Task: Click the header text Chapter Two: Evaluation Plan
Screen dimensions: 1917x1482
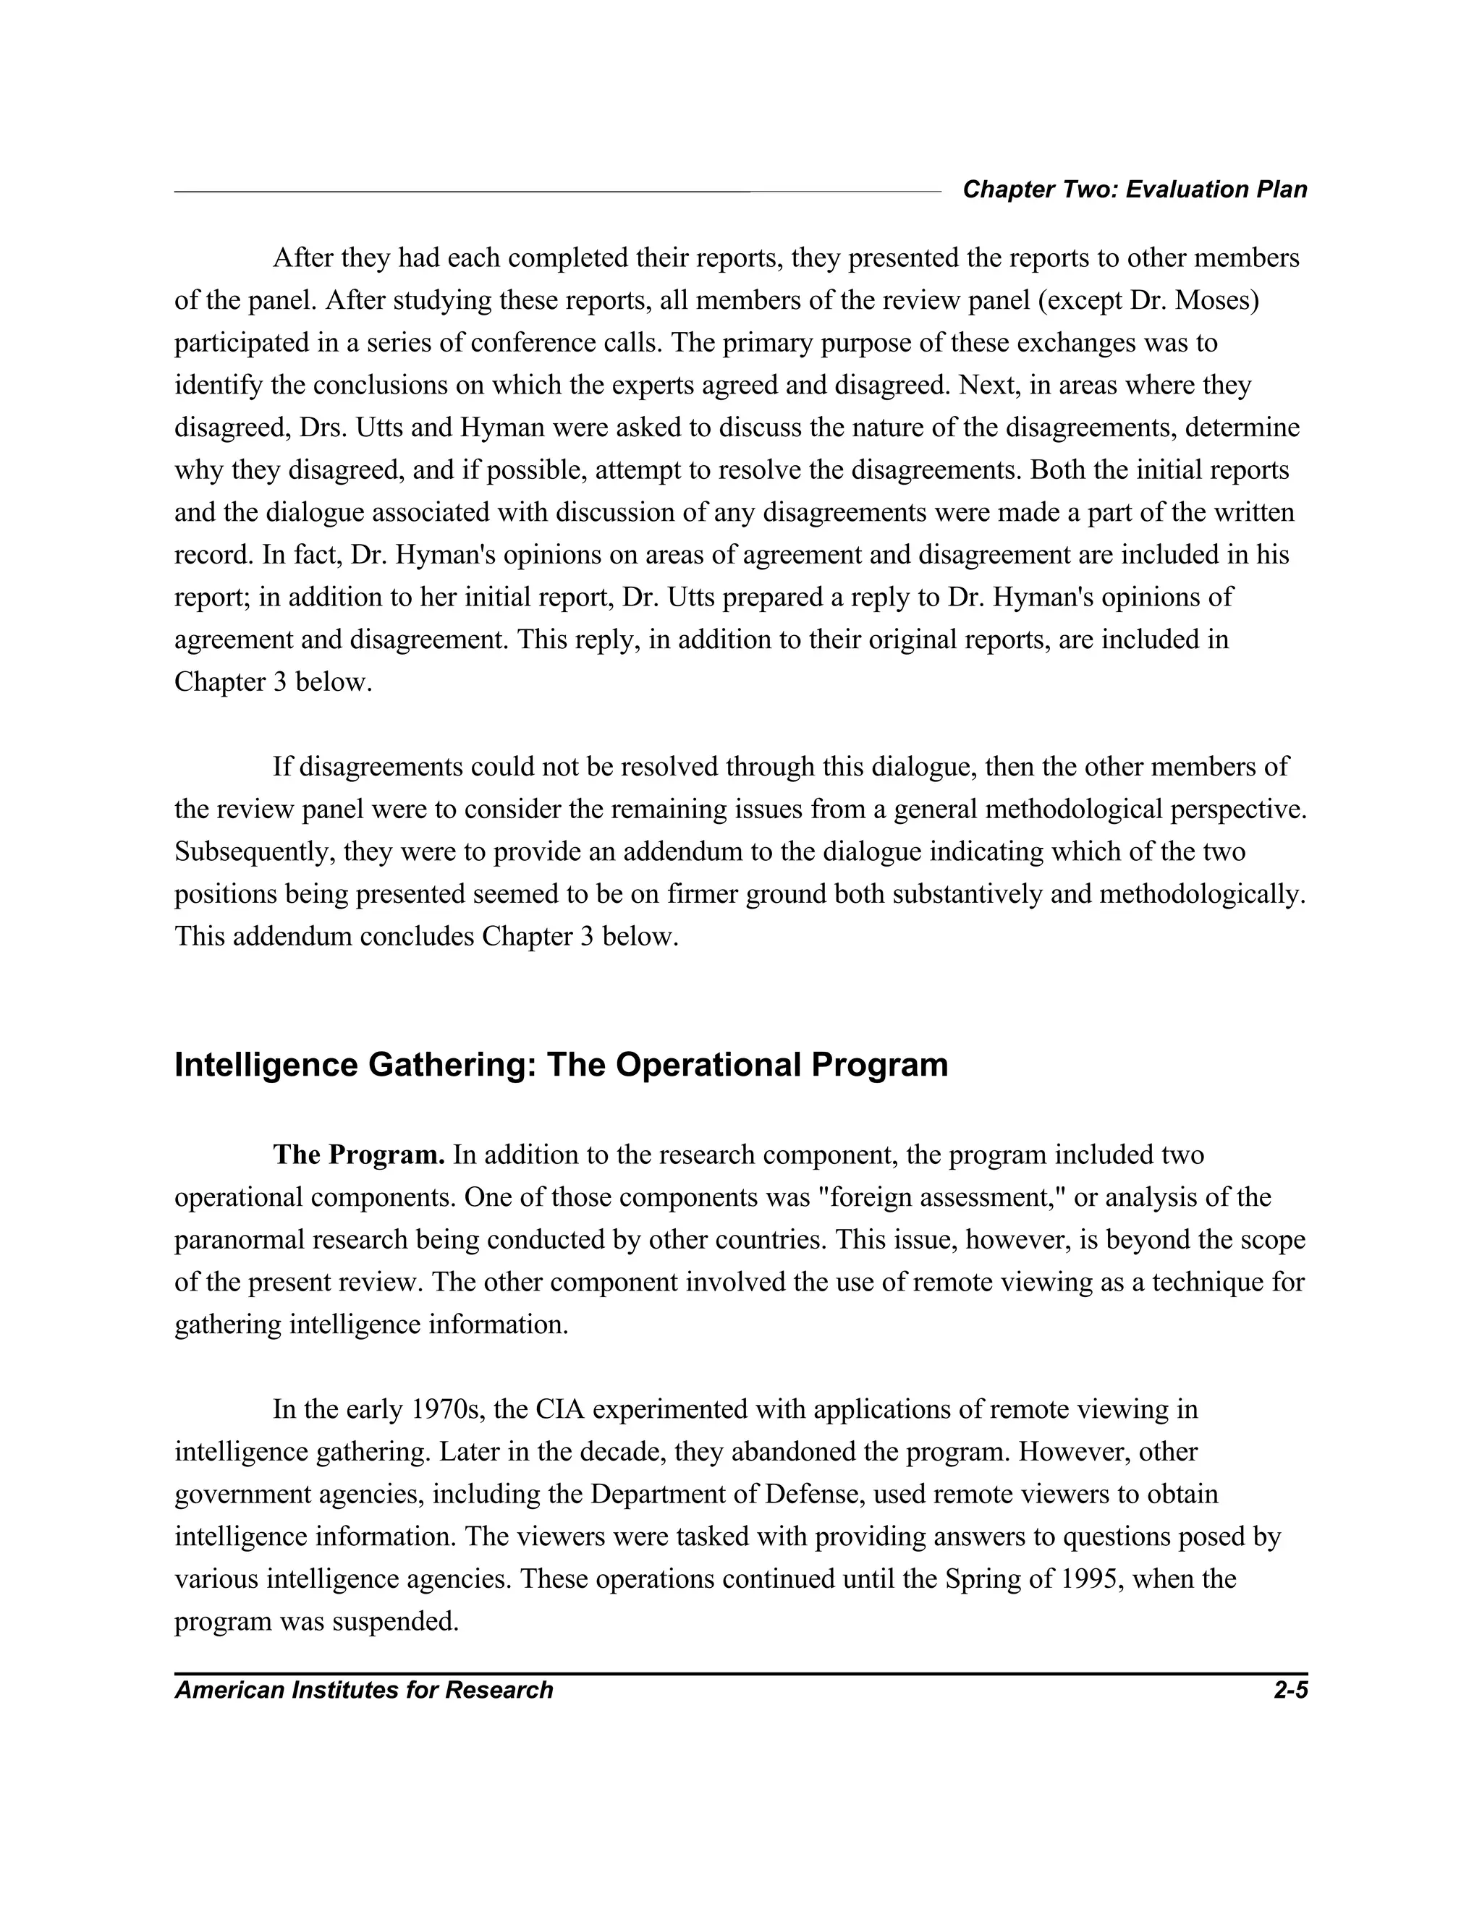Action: tap(1135, 190)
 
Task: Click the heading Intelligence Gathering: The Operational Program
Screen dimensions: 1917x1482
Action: tap(561, 1065)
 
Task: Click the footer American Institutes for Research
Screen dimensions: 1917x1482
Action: tap(363, 1690)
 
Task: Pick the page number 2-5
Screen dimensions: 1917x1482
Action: tap(1290, 1690)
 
